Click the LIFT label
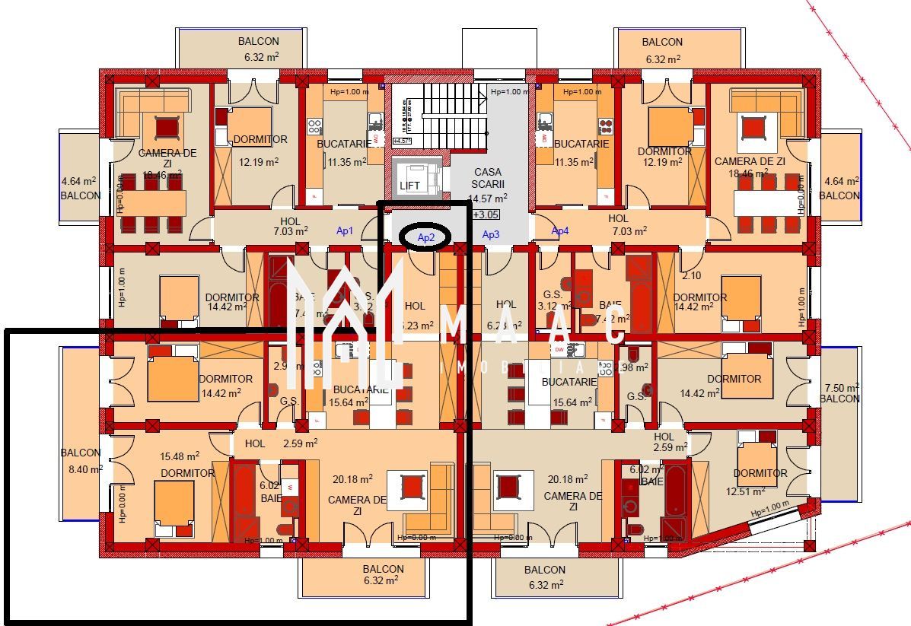[409, 186]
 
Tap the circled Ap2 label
[425, 237]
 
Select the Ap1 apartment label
[345, 230]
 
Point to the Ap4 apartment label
[559, 230]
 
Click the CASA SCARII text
[487, 179]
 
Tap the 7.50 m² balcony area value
[840, 387]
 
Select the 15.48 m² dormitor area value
[180, 456]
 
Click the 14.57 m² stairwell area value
[487, 199]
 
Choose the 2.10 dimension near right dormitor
[691, 275]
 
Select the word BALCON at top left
[258, 42]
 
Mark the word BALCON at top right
[662, 42]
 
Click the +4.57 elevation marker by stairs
[402, 141]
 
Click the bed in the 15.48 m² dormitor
[174, 506]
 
